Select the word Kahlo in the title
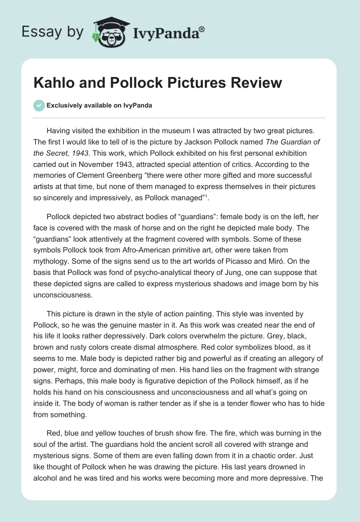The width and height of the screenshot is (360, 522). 52,83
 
